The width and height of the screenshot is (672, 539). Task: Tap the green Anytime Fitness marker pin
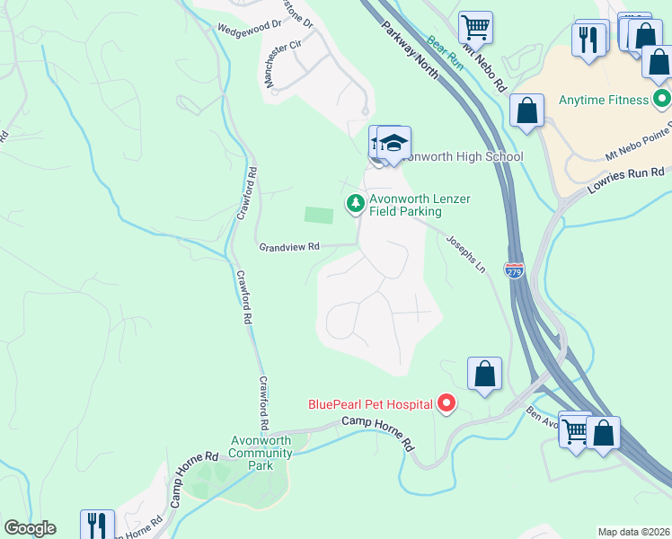coord(662,99)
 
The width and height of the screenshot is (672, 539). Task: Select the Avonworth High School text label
coord(460,156)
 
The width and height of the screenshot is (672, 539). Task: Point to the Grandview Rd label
coord(289,246)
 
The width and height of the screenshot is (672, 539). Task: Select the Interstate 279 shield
coord(513,270)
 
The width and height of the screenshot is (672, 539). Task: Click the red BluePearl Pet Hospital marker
coord(447,404)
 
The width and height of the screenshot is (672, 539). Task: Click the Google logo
coord(30,528)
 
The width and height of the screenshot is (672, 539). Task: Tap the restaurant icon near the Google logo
coord(97,524)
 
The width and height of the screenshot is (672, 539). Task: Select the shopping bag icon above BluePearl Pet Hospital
coord(484,373)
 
